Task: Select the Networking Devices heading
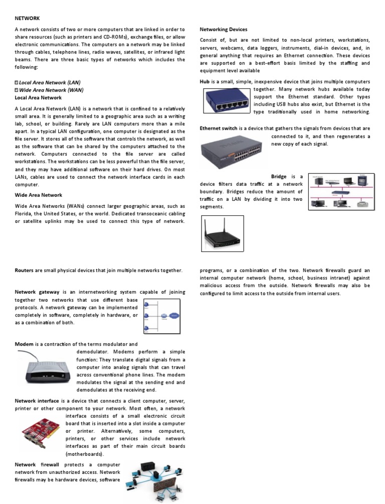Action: (x=223, y=30)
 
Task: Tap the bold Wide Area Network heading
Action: (x=39, y=195)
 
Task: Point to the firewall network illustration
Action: (x=156, y=480)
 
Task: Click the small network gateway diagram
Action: (x=161, y=316)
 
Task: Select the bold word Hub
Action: (x=206, y=82)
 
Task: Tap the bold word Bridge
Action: (x=279, y=176)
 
